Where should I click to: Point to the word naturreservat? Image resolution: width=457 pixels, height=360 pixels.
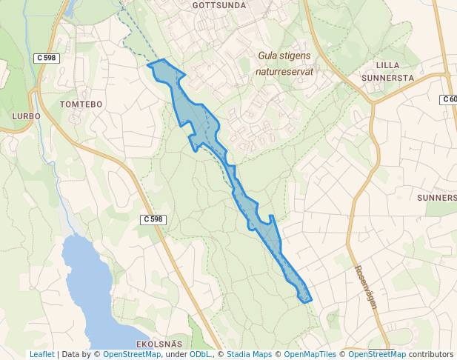coord(284,72)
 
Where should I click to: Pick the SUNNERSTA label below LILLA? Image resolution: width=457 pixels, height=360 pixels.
coord(388,77)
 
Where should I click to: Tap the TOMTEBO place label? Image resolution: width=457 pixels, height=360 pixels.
coord(81,104)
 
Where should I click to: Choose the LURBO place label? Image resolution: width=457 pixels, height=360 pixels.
coord(26,116)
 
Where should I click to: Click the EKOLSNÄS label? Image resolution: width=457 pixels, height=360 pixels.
coord(159,344)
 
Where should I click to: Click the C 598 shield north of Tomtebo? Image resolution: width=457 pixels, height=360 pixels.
coord(47,58)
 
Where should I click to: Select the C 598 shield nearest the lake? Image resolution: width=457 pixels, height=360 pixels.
coord(153,219)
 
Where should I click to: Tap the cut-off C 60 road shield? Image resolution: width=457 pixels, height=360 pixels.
coord(449,99)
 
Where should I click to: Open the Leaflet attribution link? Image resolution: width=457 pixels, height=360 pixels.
coord(41,355)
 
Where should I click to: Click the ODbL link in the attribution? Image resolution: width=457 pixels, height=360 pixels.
coord(200,355)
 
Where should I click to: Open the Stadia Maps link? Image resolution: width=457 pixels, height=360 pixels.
coord(249,355)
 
